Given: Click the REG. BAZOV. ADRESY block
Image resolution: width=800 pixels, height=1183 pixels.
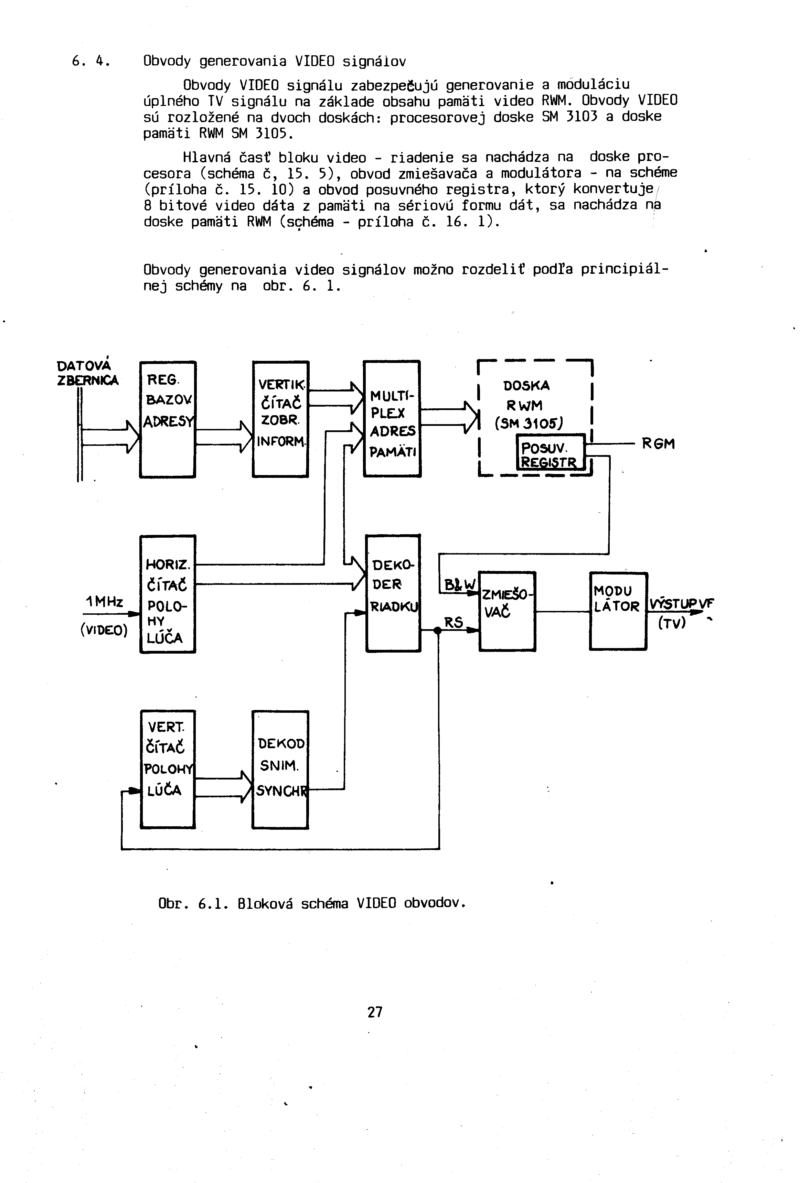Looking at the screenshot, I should [168, 419].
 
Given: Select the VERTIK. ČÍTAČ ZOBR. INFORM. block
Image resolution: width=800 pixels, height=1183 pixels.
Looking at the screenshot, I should [280, 419].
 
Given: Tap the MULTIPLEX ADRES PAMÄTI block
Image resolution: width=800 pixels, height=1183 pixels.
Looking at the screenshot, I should [392, 419].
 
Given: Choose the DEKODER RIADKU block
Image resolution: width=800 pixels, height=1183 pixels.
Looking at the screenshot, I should [393, 593].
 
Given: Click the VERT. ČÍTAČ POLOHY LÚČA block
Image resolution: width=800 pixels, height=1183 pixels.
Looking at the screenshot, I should [168, 769].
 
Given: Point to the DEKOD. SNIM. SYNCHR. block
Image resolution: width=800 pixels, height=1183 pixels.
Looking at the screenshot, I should [280, 769].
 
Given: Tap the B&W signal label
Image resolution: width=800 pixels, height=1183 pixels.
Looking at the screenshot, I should [459, 584].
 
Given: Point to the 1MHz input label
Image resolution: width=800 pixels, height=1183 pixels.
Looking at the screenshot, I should [104, 602].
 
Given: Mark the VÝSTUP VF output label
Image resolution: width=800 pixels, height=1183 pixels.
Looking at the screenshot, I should [681, 604].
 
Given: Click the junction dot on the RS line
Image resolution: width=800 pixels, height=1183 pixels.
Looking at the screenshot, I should [437, 630].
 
